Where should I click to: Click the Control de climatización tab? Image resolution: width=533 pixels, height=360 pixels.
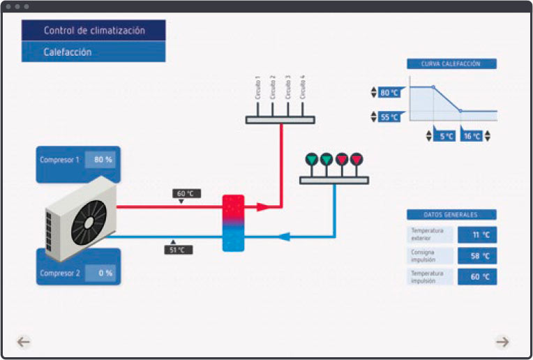pos(93,31)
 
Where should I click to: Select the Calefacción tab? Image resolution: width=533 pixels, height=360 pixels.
pos(93,52)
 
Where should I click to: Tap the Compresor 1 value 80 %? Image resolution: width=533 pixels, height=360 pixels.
pos(103,160)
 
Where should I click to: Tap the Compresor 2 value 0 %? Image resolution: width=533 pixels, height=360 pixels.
pos(103,273)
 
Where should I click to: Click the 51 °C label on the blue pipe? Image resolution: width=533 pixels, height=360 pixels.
pos(178,250)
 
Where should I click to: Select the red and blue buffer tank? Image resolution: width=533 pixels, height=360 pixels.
pos(233,223)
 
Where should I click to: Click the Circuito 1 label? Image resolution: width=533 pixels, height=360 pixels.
pos(257,87)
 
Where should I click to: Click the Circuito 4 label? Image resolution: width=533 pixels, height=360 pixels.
pos(302,87)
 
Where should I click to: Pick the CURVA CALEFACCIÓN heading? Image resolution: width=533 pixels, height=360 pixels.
pos(451,63)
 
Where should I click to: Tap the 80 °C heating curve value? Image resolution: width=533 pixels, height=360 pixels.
pos(389,92)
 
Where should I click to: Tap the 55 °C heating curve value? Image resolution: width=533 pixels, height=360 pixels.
pos(389,117)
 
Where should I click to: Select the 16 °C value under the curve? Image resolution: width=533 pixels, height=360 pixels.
pos(472,136)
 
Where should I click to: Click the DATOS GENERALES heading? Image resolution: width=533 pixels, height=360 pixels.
pos(451,215)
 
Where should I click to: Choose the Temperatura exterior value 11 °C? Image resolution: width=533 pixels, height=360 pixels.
pos(477,235)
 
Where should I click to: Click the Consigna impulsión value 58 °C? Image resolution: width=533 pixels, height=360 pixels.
pos(477,256)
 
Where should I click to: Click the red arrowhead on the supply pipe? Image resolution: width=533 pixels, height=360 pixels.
pos(262,207)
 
